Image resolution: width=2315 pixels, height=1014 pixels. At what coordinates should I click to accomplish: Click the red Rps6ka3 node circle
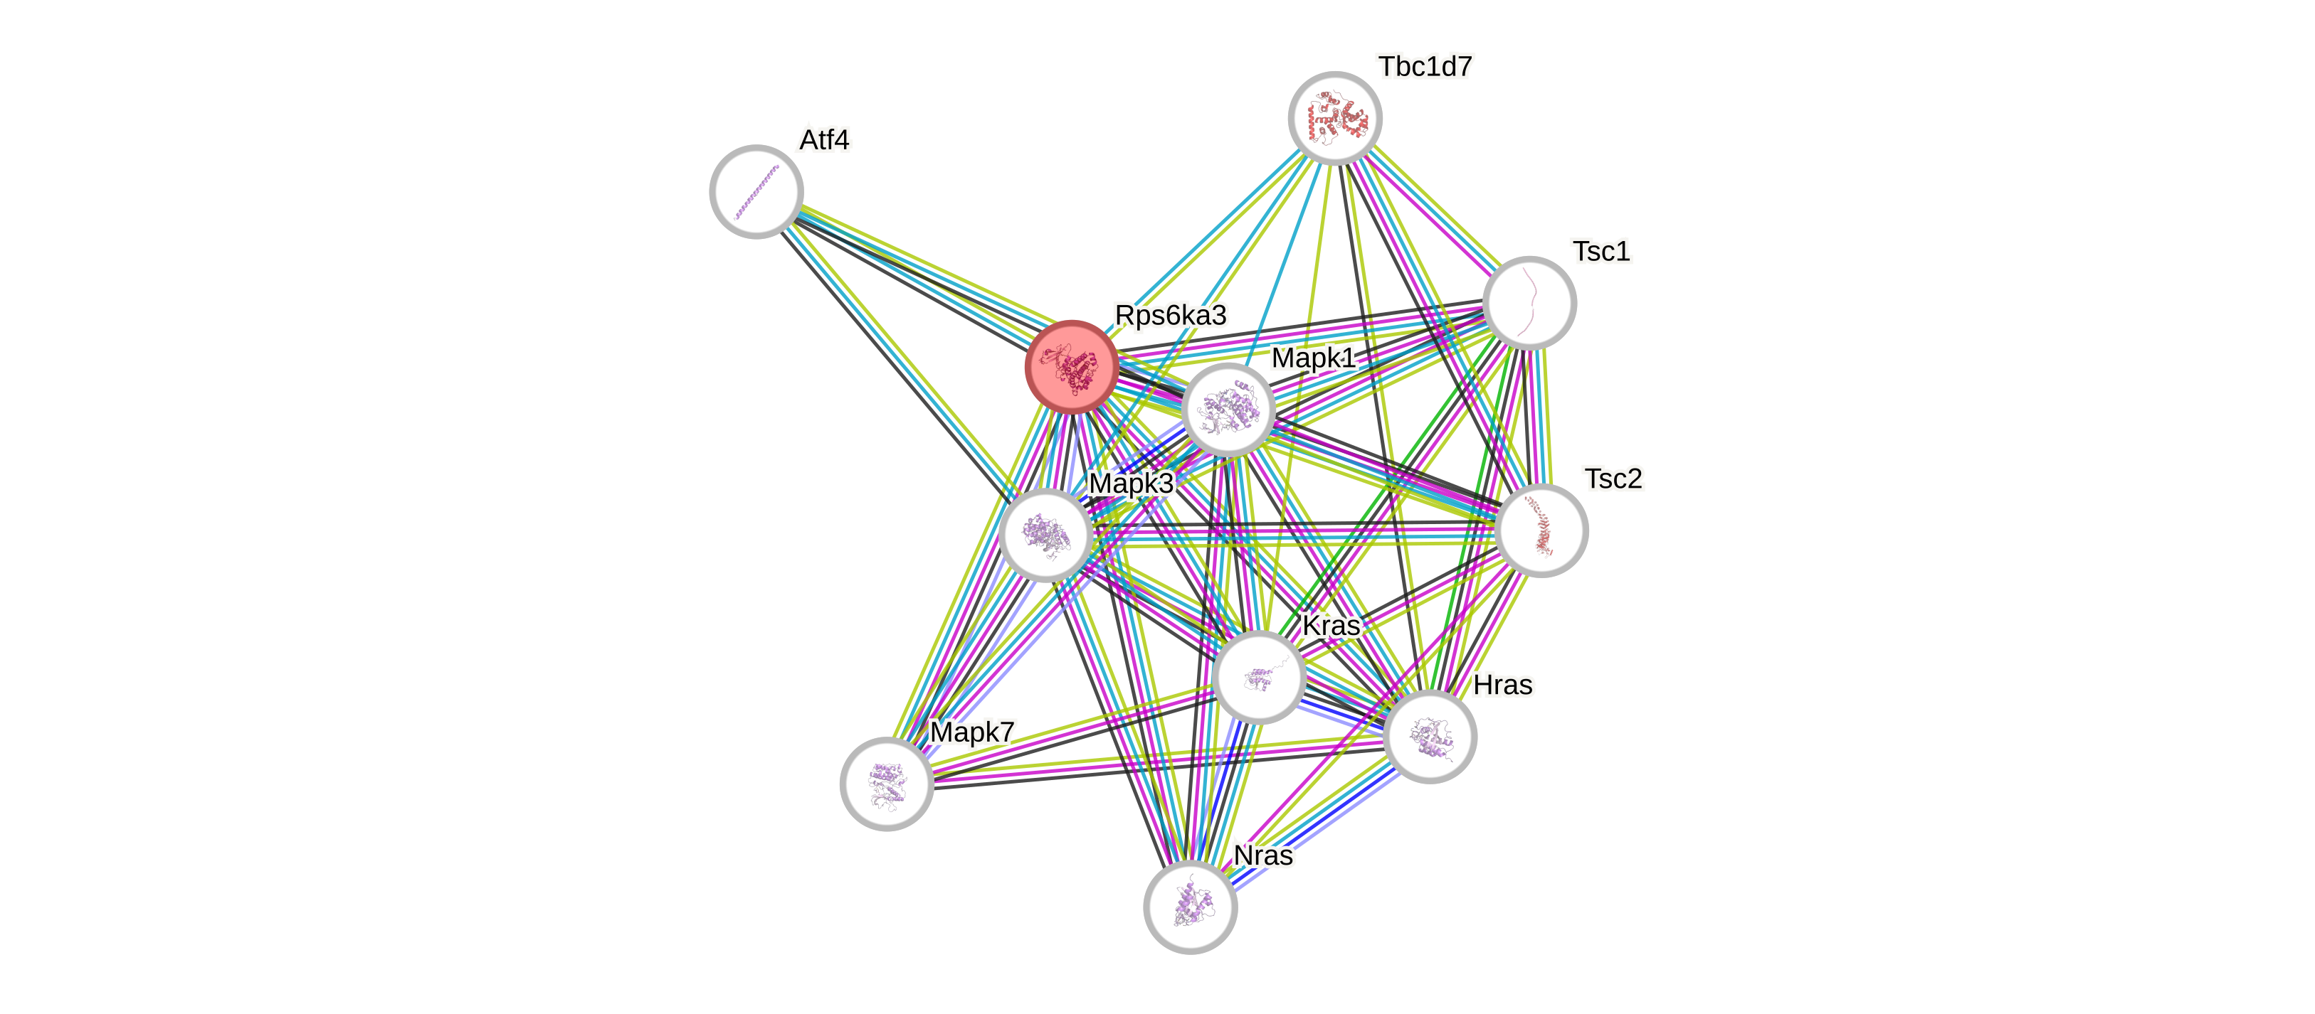[x=1071, y=366]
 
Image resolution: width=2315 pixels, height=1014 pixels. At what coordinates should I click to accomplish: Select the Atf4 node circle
[x=756, y=191]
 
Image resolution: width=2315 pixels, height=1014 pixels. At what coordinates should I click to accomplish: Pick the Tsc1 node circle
[x=1529, y=303]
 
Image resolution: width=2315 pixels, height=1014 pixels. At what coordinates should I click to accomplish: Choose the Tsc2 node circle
[x=1542, y=530]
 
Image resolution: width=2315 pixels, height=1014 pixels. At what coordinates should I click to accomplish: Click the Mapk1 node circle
[x=1228, y=410]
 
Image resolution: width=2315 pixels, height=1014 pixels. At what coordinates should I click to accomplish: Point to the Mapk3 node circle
[x=1045, y=535]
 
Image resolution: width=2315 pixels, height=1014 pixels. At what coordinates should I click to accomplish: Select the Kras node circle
[x=1258, y=676]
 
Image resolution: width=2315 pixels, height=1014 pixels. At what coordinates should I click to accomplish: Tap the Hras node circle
[x=1430, y=737]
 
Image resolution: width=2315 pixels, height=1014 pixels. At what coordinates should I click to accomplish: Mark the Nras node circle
[x=1190, y=907]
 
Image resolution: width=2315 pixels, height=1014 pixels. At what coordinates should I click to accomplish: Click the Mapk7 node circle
[x=886, y=783]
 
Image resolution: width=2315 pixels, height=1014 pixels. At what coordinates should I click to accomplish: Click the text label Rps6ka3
[x=1170, y=315]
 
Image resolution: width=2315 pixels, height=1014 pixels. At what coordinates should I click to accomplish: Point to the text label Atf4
[x=824, y=140]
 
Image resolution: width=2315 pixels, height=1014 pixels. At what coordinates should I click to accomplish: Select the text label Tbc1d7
[x=1425, y=66]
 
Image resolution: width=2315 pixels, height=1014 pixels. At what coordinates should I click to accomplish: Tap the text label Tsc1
[x=1601, y=252]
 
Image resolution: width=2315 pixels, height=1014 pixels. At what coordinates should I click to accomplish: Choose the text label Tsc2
[x=1613, y=479]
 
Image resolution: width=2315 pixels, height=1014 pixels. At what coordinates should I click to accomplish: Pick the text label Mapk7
[x=971, y=732]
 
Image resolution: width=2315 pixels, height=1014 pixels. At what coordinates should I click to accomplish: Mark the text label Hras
[x=1502, y=685]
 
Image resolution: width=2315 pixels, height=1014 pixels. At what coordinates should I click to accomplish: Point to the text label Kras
[x=1331, y=625]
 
